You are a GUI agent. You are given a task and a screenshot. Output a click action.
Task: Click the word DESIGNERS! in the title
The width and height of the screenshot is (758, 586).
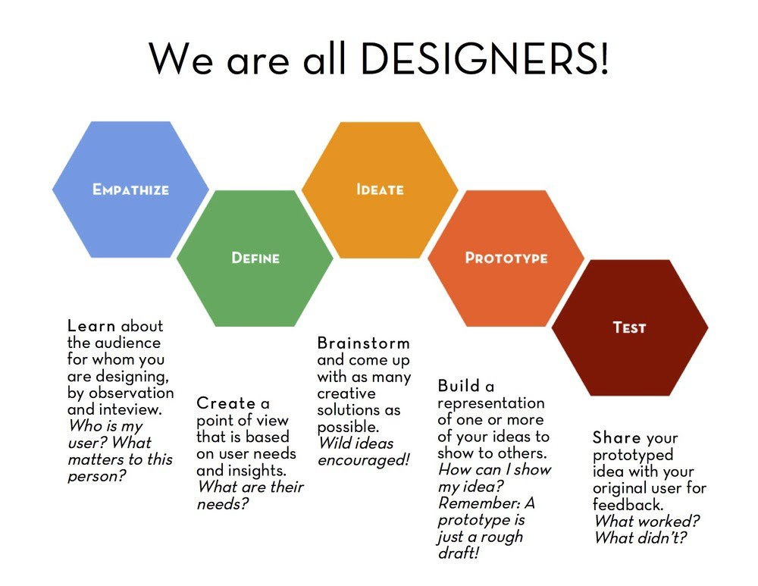click(485, 58)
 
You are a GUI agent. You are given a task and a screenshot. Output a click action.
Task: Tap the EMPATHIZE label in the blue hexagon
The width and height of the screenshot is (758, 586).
click(130, 190)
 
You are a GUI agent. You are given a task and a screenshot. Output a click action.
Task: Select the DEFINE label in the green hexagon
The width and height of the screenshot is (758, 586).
click(255, 259)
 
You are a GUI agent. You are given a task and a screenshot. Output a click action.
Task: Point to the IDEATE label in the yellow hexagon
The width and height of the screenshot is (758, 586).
click(380, 190)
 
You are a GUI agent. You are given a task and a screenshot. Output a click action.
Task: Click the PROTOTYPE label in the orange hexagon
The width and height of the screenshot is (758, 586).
click(506, 259)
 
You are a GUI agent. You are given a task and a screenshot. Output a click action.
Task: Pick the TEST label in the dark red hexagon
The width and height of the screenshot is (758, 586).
click(629, 327)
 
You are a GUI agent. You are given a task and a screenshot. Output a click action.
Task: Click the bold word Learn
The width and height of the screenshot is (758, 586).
click(92, 326)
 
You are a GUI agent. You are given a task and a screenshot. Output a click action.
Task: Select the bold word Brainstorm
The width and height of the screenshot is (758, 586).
click(363, 343)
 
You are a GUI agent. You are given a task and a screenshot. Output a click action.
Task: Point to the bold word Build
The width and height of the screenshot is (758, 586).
click(459, 387)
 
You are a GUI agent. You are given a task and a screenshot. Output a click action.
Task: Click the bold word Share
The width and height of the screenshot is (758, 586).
click(617, 438)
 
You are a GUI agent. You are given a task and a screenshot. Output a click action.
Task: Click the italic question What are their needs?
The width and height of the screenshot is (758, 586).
click(249, 496)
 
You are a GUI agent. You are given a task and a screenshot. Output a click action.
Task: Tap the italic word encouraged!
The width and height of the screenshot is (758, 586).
click(363, 460)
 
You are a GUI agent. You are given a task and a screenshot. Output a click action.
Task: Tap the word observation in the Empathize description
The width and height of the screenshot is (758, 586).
click(132, 393)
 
